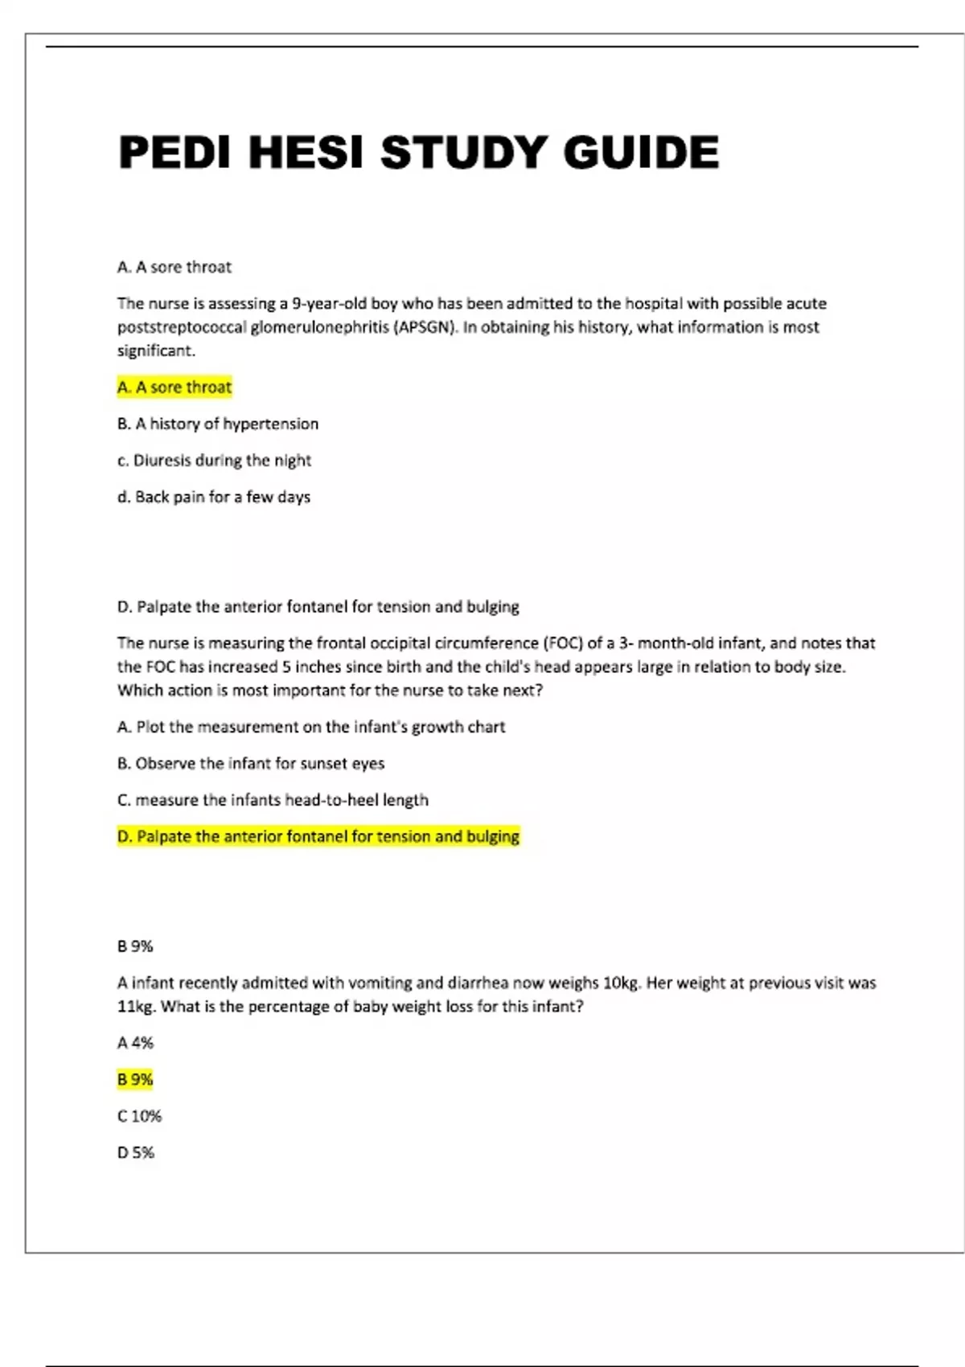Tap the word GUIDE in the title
[641, 152]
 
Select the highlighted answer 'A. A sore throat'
[175, 387]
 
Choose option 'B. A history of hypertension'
[218, 424]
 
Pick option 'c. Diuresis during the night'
[214, 461]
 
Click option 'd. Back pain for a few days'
[214, 497]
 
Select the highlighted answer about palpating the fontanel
[318, 836]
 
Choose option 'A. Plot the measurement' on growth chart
[311, 727]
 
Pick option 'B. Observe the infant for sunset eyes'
[251, 763]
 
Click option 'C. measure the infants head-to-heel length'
[273, 800]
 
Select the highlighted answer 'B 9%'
[135, 1079]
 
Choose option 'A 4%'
[135, 1043]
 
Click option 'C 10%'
[139, 1116]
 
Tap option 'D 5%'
[135, 1152]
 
